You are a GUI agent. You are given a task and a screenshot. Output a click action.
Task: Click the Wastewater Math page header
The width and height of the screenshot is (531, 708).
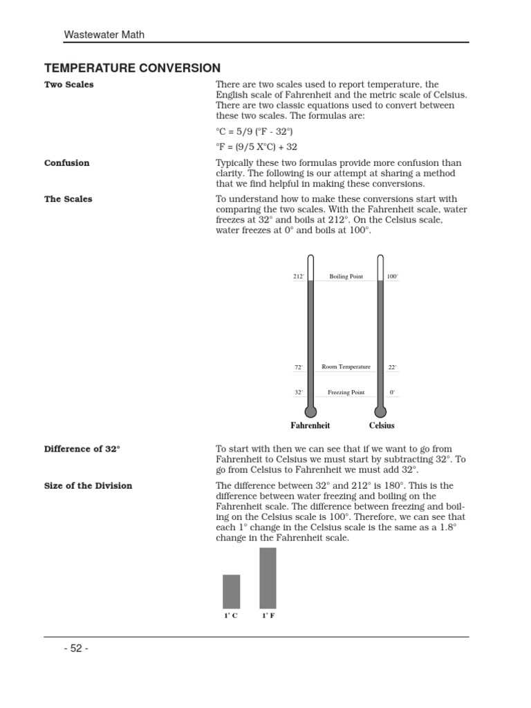104,34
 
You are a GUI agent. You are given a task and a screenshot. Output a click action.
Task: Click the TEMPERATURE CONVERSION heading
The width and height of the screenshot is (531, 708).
132,68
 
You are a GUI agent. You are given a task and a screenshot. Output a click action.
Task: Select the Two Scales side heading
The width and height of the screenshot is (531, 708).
69,85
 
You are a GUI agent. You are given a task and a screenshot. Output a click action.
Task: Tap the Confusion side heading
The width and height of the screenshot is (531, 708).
67,163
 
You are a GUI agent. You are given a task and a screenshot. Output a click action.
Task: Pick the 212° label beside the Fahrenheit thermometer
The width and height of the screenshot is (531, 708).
298,277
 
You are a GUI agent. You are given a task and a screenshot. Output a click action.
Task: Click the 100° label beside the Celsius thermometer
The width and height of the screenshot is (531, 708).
392,277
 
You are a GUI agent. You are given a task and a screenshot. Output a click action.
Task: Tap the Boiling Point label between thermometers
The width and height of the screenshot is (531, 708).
346,277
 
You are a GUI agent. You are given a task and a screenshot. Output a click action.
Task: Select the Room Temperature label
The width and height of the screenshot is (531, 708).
346,366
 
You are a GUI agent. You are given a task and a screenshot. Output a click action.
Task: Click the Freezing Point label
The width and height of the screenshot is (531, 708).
346,392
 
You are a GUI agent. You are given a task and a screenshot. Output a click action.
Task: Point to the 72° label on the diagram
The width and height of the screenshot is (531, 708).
299,367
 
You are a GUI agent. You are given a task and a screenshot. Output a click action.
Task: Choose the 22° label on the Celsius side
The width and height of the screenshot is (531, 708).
392,367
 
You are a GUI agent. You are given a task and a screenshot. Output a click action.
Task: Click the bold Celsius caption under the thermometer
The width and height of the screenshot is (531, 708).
382,426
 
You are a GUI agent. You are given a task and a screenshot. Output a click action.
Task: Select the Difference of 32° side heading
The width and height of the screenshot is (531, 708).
82,449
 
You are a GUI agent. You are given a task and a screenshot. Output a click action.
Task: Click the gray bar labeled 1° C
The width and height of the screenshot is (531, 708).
232,591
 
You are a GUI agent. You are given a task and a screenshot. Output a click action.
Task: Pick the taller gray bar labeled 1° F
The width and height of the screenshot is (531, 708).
268,578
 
